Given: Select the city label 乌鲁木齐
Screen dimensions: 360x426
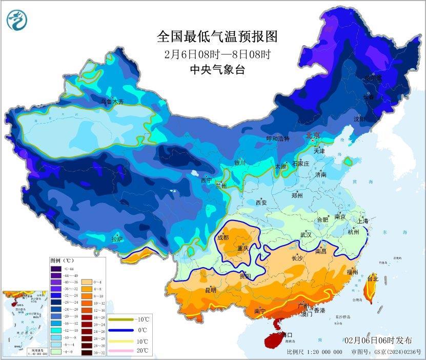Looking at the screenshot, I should coord(112,102).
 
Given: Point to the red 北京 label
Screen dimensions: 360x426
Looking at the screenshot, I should coord(312,136).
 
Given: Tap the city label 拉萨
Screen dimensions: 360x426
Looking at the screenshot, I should coord(117,238).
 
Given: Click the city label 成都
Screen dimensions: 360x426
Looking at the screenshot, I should coord(224,237).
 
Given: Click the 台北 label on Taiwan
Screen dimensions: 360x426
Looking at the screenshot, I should coord(372,279).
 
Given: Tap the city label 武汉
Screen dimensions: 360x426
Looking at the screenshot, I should coord(306,234).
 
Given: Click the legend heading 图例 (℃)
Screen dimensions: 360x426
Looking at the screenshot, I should coord(64,261).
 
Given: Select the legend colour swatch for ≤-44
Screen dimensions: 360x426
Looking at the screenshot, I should coord(55,269).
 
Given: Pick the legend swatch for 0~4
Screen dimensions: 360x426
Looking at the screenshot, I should coord(85,282).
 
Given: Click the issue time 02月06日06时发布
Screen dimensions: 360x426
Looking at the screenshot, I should coord(378,340).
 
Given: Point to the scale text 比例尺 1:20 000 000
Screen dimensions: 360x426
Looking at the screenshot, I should coord(315,352).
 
